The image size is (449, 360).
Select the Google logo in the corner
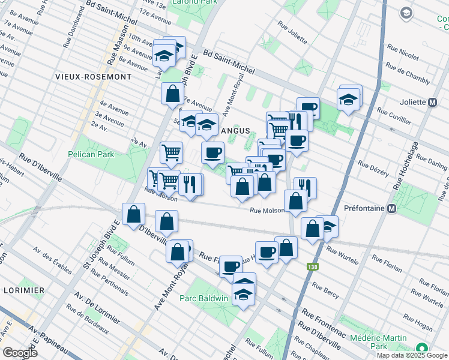tap(20, 353)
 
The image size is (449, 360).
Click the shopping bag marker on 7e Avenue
tap(173, 94)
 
